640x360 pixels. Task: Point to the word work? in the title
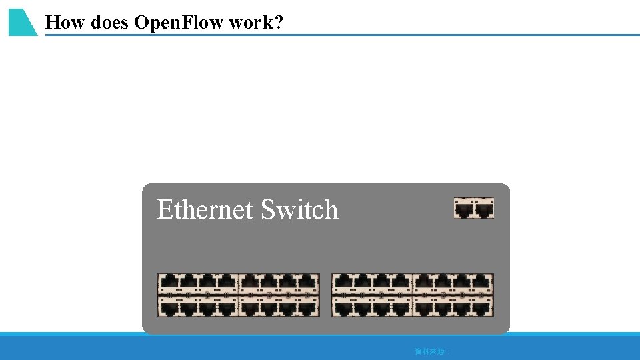[255, 23]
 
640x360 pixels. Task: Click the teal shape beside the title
[21, 22]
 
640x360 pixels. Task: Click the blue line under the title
[400, 35]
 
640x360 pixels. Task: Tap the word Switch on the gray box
[299, 210]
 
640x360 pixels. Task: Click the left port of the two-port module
[464, 210]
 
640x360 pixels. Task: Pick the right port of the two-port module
[484, 210]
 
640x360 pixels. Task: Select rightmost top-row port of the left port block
[309, 283]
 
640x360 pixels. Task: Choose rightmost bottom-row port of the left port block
[309, 307]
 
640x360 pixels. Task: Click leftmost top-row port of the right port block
[342, 283]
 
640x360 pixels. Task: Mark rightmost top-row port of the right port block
[483, 283]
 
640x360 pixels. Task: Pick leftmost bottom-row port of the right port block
[342, 307]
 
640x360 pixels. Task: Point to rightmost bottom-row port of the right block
[483, 307]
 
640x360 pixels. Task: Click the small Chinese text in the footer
[432, 351]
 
